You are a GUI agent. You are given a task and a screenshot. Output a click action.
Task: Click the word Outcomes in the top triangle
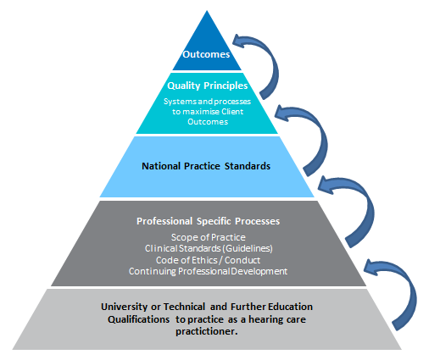pos(206,54)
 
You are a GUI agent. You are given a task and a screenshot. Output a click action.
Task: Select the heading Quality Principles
pos(208,86)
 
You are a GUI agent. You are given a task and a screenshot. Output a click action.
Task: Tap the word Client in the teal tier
pos(232,112)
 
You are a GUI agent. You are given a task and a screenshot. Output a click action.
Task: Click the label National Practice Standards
pos(206,166)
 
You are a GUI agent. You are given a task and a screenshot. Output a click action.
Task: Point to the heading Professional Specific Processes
pos(209,221)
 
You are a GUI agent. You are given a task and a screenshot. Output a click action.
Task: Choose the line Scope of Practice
pos(209,237)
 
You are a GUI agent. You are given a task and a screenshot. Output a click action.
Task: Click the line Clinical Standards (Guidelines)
pos(209,248)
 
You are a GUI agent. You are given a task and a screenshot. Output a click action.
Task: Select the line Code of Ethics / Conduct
pos(208,260)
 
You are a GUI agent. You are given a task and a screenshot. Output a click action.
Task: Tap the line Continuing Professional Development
pos(209,271)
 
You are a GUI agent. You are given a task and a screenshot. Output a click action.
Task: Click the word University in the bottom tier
pos(125,307)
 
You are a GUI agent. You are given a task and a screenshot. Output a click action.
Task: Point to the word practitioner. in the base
pos(207,331)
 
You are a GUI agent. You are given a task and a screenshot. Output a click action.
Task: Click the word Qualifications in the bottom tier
pos(138,319)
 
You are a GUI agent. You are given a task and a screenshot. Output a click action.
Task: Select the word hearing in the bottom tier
pos(266,319)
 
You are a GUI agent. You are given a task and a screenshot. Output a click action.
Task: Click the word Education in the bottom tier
pos(290,307)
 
